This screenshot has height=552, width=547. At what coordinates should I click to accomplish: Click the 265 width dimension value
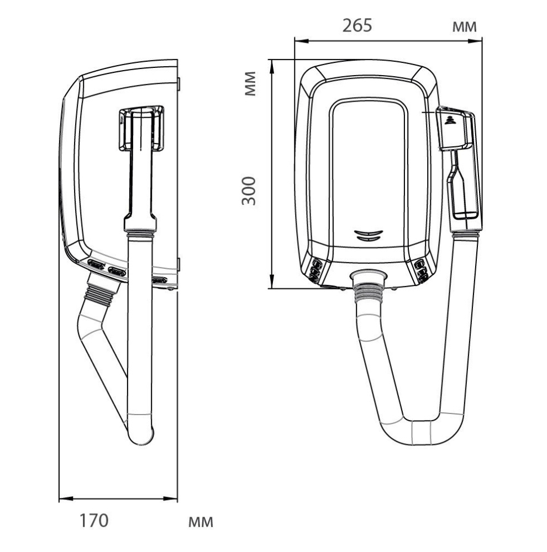point(357,26)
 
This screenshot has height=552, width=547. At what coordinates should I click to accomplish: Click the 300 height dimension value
point(249,191)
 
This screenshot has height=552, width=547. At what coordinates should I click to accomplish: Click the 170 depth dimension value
point(94,521)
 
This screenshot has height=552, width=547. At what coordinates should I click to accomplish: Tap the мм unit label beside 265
point(464,26)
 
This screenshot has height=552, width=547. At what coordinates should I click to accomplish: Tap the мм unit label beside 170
point(201,522)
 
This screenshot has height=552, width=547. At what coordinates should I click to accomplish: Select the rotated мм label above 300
point(250,83)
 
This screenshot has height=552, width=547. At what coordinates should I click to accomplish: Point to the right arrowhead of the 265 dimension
point(475,41)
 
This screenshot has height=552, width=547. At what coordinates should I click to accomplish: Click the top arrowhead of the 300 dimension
point(272,67)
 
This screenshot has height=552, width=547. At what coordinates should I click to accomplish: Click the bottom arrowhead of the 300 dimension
point(272,282)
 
